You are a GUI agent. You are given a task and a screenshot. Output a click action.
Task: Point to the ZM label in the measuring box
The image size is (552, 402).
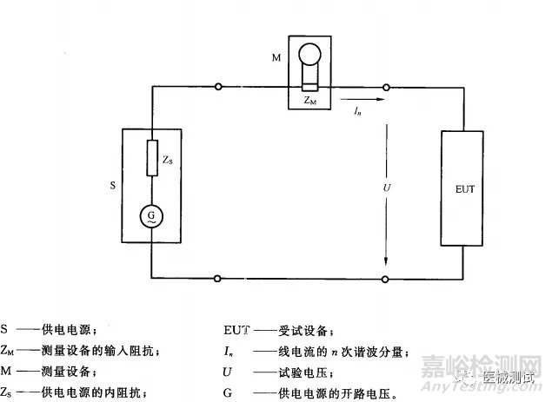pos(309,102)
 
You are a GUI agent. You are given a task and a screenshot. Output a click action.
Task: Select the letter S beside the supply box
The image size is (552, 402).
pos(112,186)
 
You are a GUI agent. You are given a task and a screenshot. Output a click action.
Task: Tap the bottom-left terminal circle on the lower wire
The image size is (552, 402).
pos(218,278)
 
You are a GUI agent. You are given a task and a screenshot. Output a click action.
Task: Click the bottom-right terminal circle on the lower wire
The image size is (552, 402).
pos(385,278)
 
